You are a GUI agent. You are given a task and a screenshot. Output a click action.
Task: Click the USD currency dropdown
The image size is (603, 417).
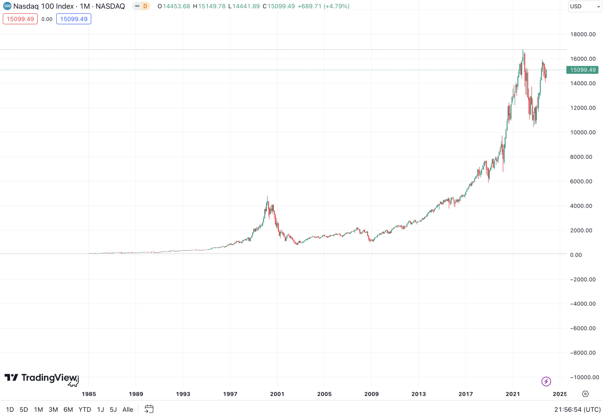click(584, 6)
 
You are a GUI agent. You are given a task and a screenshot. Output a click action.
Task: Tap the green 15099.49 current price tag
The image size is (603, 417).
click(582, 70)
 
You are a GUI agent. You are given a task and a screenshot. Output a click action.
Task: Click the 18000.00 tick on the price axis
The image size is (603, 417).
click(583, 34)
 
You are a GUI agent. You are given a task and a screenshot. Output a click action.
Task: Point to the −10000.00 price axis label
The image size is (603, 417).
click(584, 377)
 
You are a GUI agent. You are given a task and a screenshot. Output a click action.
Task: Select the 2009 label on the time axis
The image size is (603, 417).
click(371, 394)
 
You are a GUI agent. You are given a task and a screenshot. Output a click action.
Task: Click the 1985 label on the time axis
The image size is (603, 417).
click(89, 394)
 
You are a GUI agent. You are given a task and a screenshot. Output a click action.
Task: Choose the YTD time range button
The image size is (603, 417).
click(85, 409)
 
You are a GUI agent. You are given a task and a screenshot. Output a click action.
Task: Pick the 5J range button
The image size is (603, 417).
click(113, 409)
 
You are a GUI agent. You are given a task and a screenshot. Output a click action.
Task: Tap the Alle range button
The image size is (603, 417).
click(128, 409)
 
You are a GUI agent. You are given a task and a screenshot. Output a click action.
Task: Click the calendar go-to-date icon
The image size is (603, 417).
click(149, 409)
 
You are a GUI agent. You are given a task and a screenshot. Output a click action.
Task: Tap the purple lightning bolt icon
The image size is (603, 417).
click(546, 381)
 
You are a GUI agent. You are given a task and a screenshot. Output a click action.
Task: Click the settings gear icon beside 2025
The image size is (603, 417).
click(585, 394)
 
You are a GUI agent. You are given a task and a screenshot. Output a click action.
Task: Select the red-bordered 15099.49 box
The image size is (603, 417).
click(20, 19)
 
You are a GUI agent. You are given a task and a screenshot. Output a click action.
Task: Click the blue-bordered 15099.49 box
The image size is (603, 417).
click(74, 19)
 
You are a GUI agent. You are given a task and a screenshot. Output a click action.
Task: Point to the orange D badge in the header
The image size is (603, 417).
click(145, 6)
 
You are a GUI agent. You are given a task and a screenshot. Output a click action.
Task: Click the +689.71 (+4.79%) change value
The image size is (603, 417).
click(323, 6)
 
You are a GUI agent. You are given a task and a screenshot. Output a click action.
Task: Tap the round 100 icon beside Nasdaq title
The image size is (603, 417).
click(7, 6)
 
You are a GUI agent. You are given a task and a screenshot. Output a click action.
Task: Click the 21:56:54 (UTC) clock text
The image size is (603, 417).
click(577, 409)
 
